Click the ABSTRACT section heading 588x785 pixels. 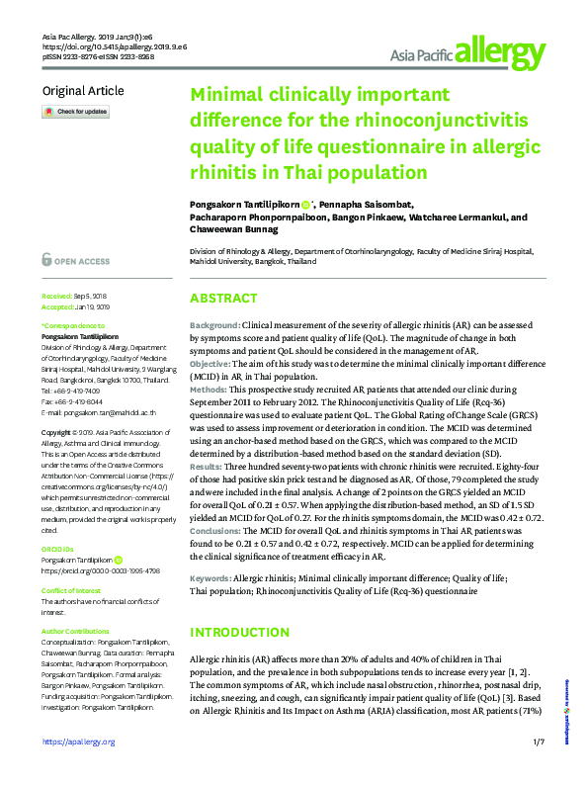[x=223, y=299]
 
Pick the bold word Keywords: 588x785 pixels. [x=211, y=575]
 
